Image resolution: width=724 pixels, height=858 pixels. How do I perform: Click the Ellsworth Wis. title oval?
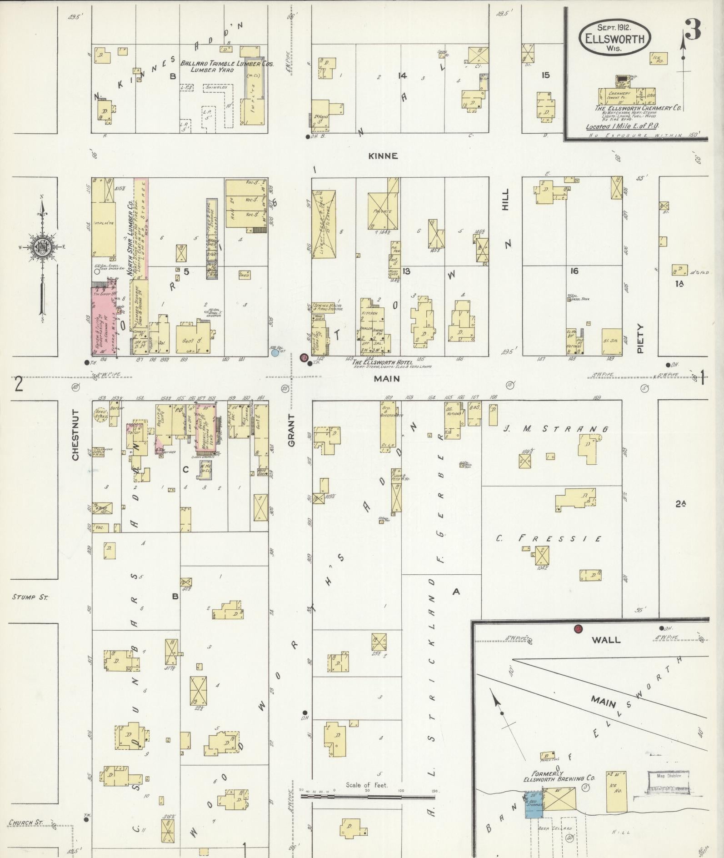(614, 38)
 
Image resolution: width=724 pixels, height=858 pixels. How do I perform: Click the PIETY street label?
(641, 338)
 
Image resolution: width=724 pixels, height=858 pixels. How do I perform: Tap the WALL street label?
(606, 640)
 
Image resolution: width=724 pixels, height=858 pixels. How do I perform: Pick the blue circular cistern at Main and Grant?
(275, 352)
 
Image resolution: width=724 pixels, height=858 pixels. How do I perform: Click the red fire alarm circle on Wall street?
(578, 629)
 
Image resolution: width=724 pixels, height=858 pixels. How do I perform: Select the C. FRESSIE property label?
(549, 539)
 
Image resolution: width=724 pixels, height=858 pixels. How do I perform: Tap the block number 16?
(574, 271)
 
